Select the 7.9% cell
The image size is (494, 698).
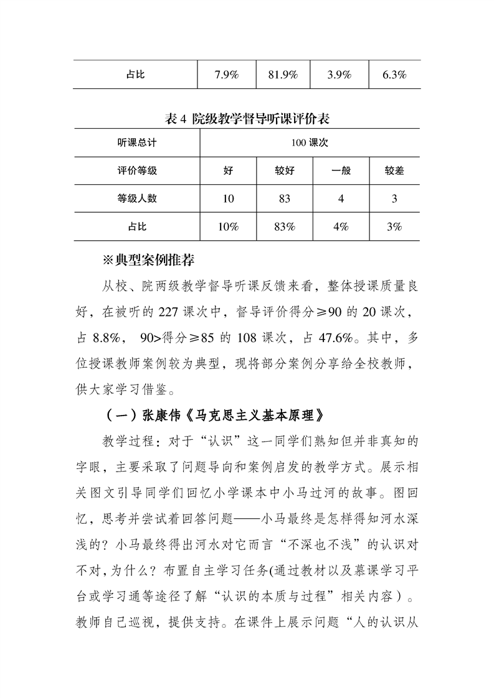click(227, 75)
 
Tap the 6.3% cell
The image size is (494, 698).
click(394, 75)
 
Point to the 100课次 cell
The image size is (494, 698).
click(310, 142)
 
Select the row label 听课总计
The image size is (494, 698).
click(136, 142)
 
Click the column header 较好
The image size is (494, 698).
click(284, 170)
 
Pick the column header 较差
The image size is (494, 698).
click(394, 170)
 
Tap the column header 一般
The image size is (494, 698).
click(340, 170)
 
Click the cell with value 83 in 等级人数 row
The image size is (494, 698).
click(284, 198)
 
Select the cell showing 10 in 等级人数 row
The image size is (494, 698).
click(228, 198)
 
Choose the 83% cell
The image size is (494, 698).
click(284, 227)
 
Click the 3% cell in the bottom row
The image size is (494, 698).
click(394, 227)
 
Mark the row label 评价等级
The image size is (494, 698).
click(136, 170)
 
